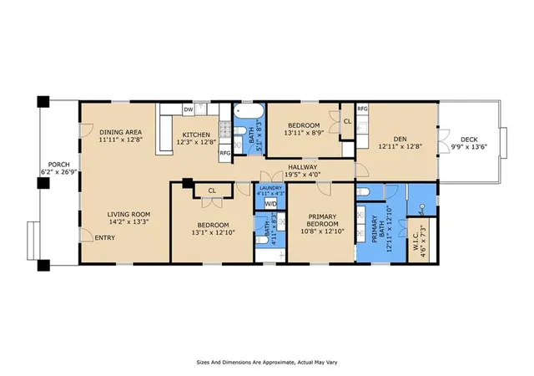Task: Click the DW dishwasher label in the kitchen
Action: (x=189, y=109)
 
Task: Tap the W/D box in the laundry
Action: (x=270, y=204)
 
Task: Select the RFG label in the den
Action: (x=362, y=109)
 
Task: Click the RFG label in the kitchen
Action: (x=225, y=153)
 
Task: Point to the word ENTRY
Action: (x=105, y=238)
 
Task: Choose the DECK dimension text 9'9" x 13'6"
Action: (x=469, y=147)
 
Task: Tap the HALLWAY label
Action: (x=302, y=167)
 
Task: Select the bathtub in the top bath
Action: (x=249, y=111)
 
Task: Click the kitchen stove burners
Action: (x=225, y=130)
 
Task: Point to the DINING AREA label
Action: (x=120, y=132)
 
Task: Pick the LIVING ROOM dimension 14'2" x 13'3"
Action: (x=128, y=221)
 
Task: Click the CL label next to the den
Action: (x=347, y=121)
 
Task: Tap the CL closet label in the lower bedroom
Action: (x=212, y=191)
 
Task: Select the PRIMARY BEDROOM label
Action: (x=323, y=221)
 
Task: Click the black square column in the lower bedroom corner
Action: (x=187, y=183)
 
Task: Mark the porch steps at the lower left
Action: (x=33, y=241)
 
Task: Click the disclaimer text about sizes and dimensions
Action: (x=267, y=363)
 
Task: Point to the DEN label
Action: (x=400, y=140)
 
